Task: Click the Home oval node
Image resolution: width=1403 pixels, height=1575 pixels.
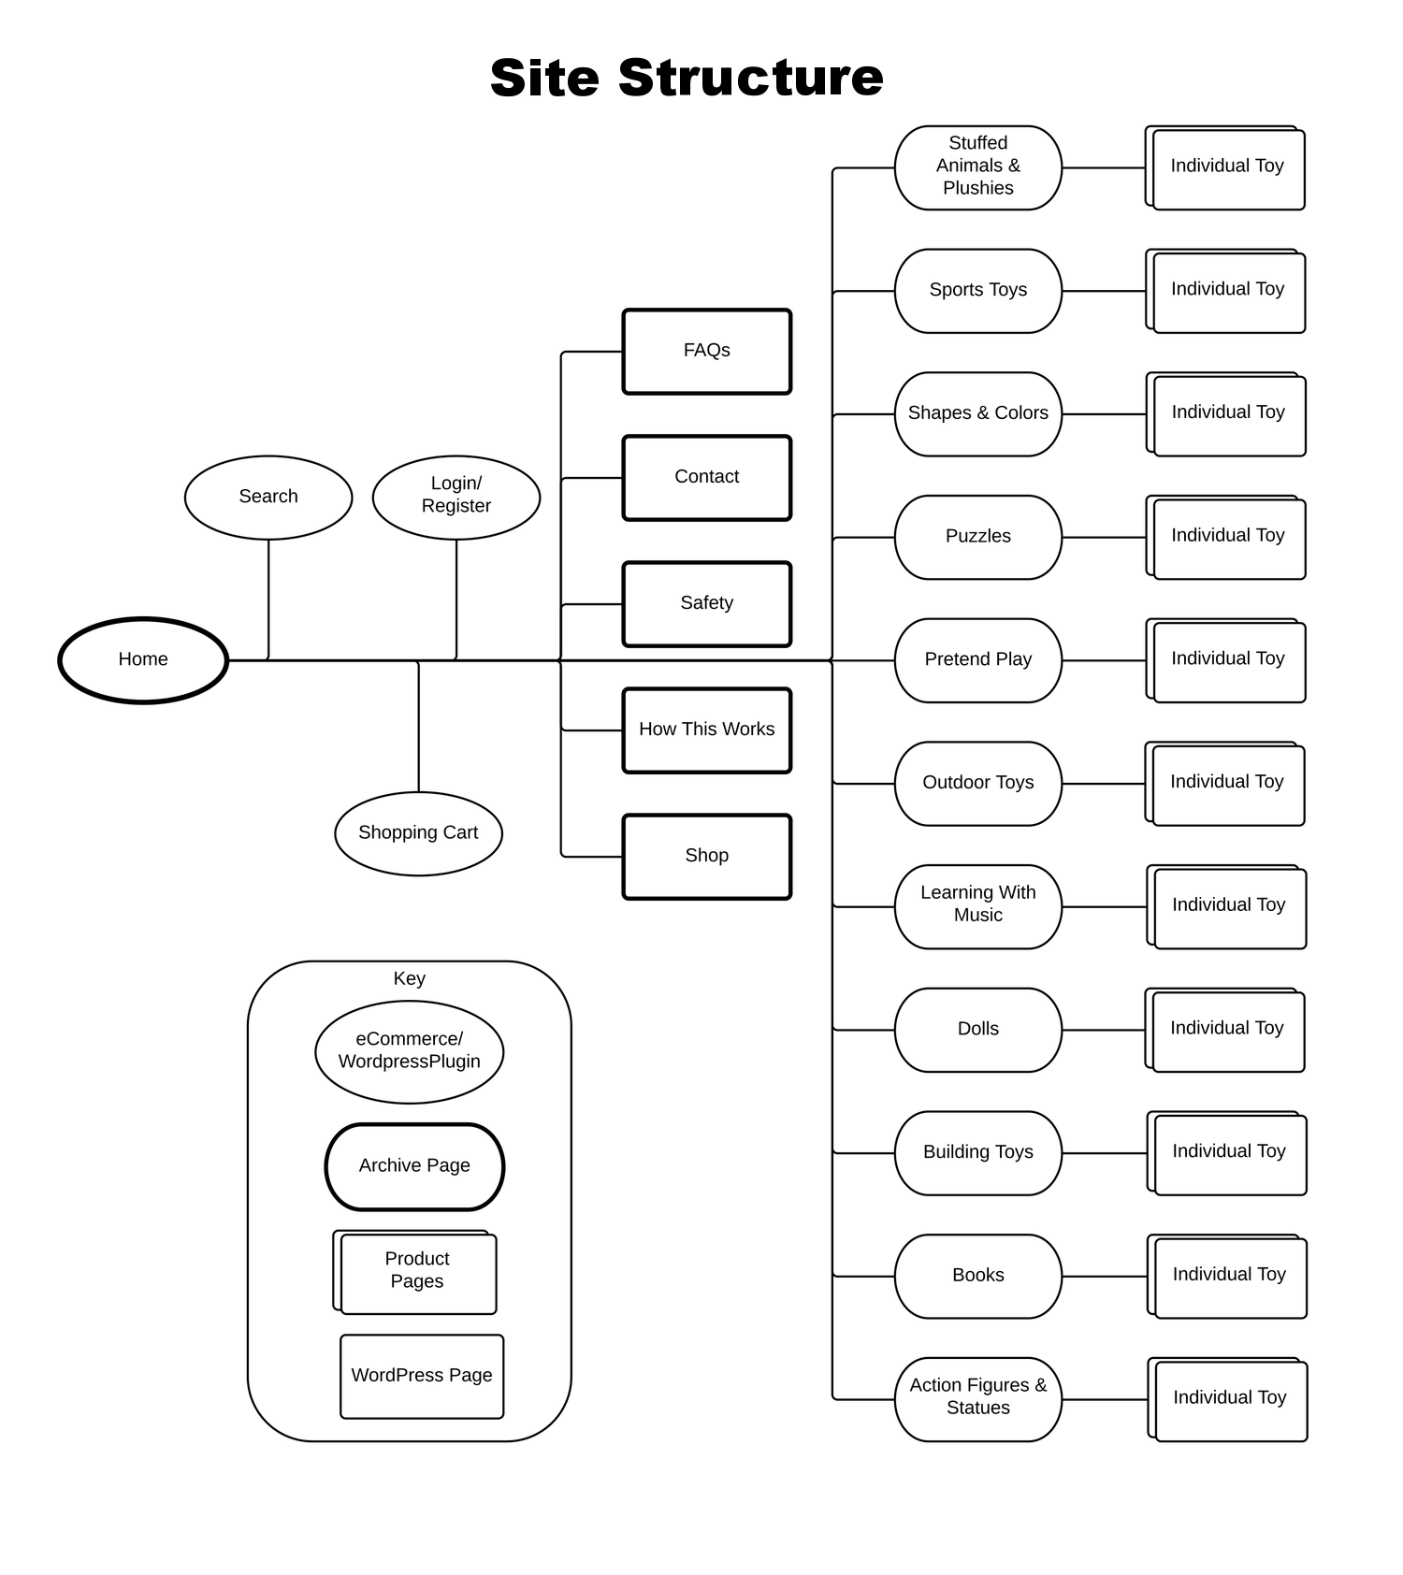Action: click(143, 659)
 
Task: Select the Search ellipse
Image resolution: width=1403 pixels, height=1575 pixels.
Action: click(268, 497)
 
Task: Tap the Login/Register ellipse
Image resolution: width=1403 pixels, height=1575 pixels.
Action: click(456, 497)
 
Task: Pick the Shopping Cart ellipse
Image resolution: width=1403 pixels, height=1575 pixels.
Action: click(418, 833)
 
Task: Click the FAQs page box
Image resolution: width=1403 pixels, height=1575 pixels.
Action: click(707, 351)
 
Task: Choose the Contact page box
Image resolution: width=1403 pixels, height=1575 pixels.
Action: click(707, 477)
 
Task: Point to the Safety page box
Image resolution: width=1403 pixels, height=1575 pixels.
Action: click(707, 603)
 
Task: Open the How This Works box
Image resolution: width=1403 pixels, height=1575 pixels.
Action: click(707, 730)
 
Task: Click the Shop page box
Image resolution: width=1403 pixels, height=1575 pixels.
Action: click(707, 856)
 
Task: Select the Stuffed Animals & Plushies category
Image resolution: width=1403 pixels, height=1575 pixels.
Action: click(978, 166)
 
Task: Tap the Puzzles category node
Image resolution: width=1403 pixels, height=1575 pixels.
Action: click(978, 537)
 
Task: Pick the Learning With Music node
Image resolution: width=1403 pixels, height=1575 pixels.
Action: click(978, 905)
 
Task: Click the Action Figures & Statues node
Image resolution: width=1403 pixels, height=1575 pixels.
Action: click(978, 1398)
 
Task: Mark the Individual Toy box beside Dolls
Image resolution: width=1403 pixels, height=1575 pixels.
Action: click(1227, 1029)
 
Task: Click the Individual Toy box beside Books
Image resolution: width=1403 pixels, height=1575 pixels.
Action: click(1230, 1276)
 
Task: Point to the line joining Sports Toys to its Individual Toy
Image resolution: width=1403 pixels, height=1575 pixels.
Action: click(1104, 291)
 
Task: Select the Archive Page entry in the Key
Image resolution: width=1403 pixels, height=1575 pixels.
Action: click(414, 1166)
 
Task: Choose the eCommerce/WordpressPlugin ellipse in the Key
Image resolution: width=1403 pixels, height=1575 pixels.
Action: click(410, 1051)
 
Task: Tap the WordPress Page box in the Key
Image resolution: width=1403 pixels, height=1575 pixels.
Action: click(422, 1376)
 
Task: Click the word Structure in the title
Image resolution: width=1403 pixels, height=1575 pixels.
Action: click(750, 77)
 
